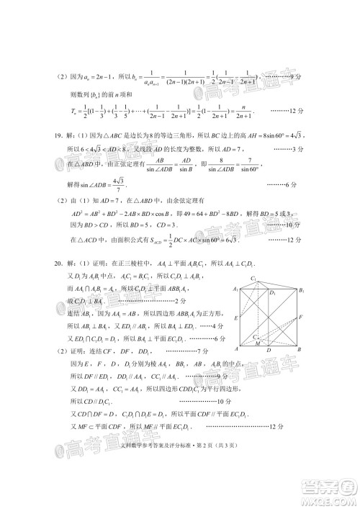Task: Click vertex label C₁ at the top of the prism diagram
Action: pos(253,278)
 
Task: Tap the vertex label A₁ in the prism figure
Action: pos(235,290)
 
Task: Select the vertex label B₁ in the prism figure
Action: pos(303,290)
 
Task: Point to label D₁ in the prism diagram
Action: pos(272,294)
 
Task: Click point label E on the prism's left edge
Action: pos(235,317)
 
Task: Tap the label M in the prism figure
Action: pos(257,344)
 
